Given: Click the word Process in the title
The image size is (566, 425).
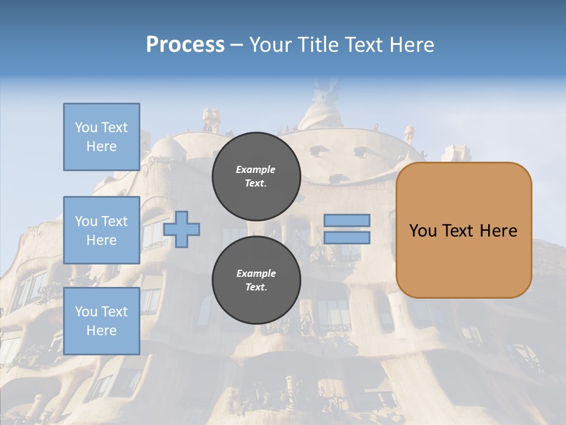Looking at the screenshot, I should [x=185, y=45].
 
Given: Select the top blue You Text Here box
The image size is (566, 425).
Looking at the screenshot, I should [x=101, y=137].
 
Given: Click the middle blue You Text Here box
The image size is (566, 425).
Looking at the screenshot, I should [x=101, y=230].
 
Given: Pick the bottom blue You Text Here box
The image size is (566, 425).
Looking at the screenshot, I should [x=101, y=321].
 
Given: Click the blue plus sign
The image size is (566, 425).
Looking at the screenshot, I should [x=182, y=229].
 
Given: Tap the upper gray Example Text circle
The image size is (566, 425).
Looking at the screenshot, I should [x=256, y=176].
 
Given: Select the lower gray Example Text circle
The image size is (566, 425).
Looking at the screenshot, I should [x=256, y=280].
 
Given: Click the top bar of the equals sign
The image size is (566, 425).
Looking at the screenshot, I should [x=347, y=221].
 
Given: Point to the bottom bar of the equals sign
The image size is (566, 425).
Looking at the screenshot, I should [x=347, y=237].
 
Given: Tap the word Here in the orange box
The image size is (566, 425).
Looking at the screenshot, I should [x=498, y=231].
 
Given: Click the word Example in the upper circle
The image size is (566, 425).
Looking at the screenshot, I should [x=256, y=169].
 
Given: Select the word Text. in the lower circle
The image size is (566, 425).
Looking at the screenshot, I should [x=256, y=287].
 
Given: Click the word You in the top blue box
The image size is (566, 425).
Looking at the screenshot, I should [x=86, y=127].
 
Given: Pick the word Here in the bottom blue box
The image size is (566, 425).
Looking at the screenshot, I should [x=101, y=330].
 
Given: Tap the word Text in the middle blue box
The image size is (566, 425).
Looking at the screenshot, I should [x=114, y=221].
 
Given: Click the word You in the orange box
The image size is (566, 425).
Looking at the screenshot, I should [x=423, y=231].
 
